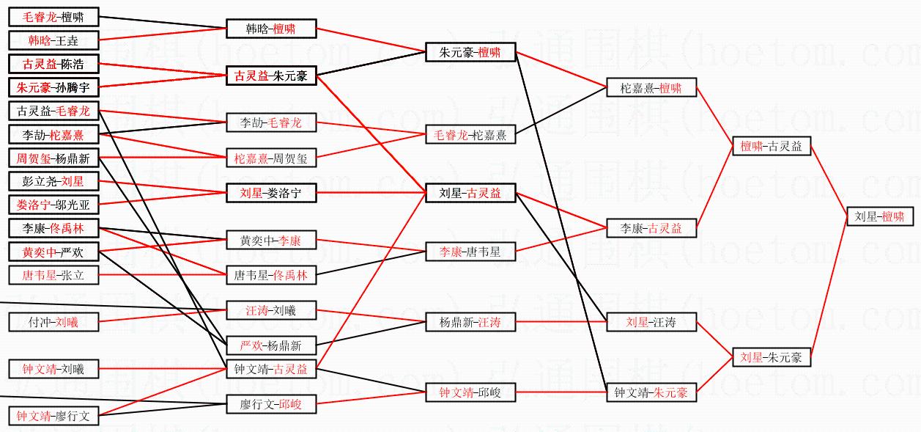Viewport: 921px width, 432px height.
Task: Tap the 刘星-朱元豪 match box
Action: (771, 357)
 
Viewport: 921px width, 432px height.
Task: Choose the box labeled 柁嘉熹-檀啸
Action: (651, 88)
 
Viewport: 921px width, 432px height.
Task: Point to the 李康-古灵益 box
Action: (651, 228)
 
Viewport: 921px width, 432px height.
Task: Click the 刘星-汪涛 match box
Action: (651, 322)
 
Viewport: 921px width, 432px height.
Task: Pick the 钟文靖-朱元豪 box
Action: (651, 392)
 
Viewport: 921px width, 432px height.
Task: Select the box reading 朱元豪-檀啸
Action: (470, 52)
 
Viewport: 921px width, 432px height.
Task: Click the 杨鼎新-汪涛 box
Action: (470, 322)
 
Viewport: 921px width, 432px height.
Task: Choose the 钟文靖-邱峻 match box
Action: (470, 392)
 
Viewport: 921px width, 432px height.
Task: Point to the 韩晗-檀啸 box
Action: (271, 29)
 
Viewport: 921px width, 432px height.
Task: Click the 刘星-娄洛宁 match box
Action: (271, 193)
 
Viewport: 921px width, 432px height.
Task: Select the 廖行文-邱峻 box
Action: (271, 404)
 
